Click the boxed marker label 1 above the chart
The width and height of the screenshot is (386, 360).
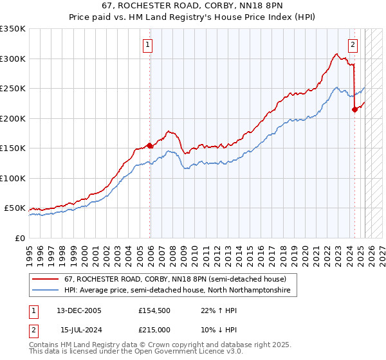click(148, 45)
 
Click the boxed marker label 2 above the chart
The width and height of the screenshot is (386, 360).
click(353, 45)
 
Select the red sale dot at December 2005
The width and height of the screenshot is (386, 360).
click(150, 146)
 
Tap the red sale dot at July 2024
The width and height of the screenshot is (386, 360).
click(354, 110)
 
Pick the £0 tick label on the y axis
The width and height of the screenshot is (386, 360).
click(21, 238)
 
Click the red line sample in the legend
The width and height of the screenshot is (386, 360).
click(46, 279)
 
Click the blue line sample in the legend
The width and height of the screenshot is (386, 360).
click(46, 291)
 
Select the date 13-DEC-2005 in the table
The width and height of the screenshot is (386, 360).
click(79, 310)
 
